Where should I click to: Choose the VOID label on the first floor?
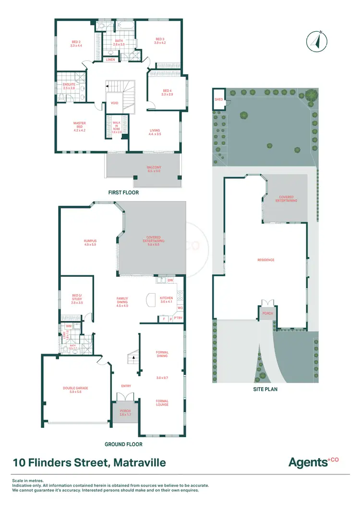coord(115,103)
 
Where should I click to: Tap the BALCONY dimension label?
coord(154,169)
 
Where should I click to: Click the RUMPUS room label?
coord(90,243)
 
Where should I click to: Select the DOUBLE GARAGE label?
coord(75,390)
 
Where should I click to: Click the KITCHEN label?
coord(166,300)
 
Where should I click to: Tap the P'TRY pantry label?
coord(179,319)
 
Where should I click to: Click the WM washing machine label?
coord(68,326)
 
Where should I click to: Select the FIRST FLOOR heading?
coord(124,192)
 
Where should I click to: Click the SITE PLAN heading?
coord(265,389)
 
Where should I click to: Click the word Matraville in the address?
coord(140,463)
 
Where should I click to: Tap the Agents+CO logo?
coord(313,462)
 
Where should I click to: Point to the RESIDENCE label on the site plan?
coord(266,260)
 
